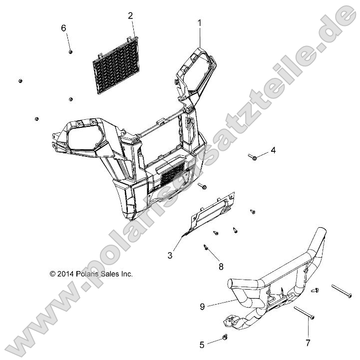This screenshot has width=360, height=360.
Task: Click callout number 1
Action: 200,23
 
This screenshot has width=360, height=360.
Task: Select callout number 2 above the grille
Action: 130,16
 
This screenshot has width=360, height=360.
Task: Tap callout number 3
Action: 170,255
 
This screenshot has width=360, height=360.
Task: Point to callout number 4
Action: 273,150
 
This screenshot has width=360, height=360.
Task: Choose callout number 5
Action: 202,345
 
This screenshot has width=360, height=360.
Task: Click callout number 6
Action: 63,28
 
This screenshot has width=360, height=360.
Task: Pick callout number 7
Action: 308,343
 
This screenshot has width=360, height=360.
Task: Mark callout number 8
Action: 221,267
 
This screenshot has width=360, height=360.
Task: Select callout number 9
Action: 202,307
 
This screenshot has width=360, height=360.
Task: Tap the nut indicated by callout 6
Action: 70,51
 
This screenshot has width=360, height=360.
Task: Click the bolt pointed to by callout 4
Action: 252,157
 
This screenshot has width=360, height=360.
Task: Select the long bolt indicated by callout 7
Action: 304,313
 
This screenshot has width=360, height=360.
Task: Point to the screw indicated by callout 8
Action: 206,248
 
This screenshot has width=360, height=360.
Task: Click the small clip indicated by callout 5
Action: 225,337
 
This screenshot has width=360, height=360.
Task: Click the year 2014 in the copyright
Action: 65,274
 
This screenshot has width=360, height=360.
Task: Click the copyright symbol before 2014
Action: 52,274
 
